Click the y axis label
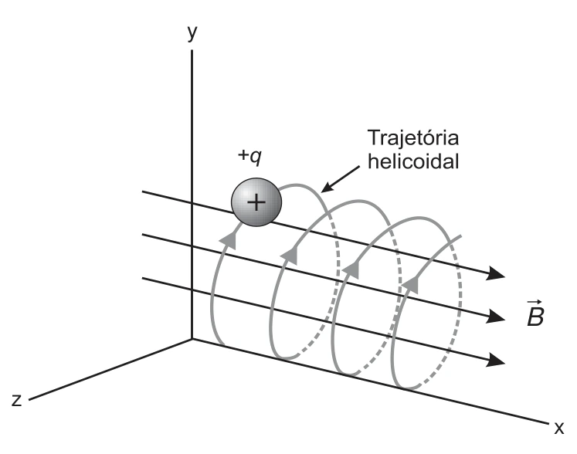[x=192, y=33]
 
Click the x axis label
[x=559, y=428]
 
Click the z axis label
[x=16, y=400]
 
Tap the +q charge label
[x=249, y=156]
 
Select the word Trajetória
[x=413, y=138]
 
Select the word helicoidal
[x=413, y=161]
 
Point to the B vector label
[x=535, y=314]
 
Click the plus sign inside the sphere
[x=256, y=202]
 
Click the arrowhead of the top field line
[x=495, y=273]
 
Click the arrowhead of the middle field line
[x=495, y=316]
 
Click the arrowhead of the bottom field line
[x=495, y=359]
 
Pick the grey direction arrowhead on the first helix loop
[x=229, y=240]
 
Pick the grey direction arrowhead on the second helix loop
[x=290, y=255]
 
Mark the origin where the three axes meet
[x=192, y=339]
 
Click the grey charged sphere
[x=256, y=202]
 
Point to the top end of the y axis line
[x=192, y=50]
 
